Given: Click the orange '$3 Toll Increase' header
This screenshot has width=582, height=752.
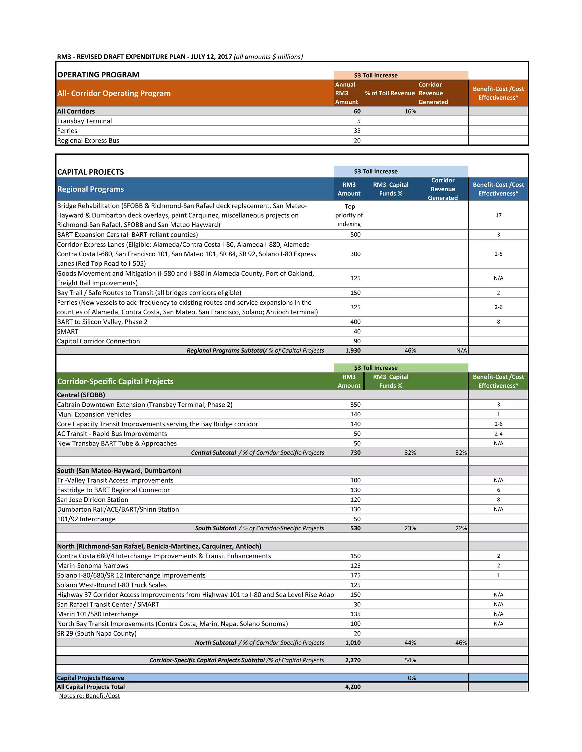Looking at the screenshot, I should (375, 75).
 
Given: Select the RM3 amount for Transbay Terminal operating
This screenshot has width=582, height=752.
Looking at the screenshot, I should (359, 121).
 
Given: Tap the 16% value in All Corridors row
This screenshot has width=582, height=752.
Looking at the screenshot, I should (410, 112).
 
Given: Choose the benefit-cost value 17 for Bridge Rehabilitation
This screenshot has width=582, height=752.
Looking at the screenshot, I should (498, 215).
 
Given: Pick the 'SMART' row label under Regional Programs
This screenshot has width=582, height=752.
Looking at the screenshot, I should (68, 331).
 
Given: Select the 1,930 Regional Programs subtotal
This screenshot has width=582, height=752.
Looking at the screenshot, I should (353, 350).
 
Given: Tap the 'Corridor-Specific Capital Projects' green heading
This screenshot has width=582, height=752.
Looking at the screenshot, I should (115, 381).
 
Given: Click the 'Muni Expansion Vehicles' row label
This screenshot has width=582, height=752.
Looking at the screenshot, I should (94, 415).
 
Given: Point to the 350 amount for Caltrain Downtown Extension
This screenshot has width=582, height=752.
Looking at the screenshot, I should (355, 405).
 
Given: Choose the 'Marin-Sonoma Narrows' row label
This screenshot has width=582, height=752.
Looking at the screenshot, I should (92, 566).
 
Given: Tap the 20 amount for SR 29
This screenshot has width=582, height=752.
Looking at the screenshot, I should (357, 634).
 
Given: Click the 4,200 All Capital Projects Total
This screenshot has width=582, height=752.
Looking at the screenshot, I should (353, 687).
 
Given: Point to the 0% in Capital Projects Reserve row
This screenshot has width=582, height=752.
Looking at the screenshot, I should (412, 678).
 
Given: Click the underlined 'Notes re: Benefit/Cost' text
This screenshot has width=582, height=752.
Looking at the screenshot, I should (89, 696).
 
